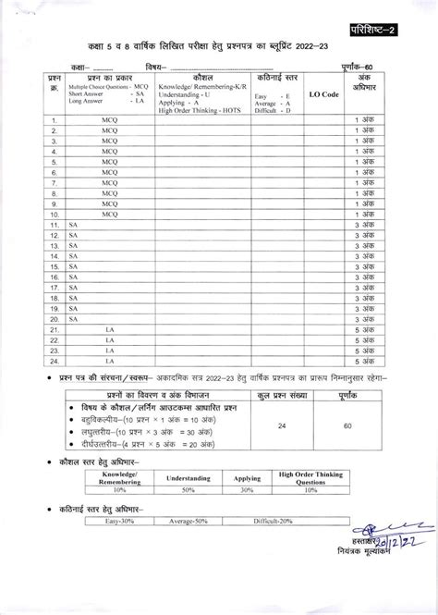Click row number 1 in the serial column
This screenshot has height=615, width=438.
[x=55, y=120]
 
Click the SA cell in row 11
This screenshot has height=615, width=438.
[x=74, y=224]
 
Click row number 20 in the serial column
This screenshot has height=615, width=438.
[x=55, y=314]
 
